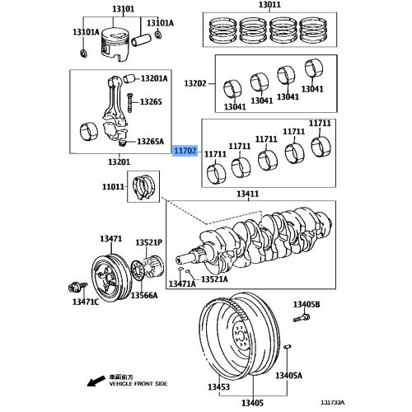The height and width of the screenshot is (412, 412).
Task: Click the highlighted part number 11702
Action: [185, 152]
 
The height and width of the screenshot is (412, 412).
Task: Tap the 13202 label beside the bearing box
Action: [194, 83]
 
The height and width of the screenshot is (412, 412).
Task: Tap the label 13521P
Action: [148, 243]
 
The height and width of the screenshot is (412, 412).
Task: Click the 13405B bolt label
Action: [306, 305]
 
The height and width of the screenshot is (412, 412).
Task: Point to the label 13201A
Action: [153, 78]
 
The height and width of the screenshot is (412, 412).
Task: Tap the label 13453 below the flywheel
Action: [218, 386]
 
